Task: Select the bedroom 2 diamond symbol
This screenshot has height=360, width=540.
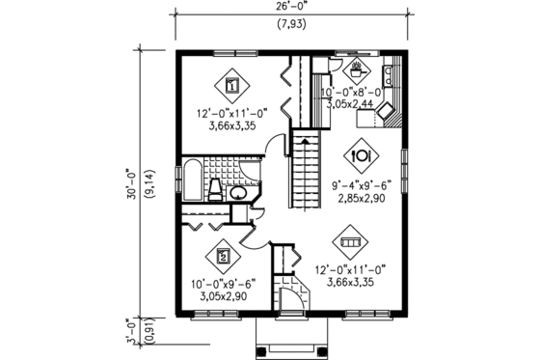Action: coord(224,257)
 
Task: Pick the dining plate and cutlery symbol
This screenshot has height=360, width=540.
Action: coord(363,154)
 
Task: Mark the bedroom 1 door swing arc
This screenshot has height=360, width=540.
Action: coord(277,151)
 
